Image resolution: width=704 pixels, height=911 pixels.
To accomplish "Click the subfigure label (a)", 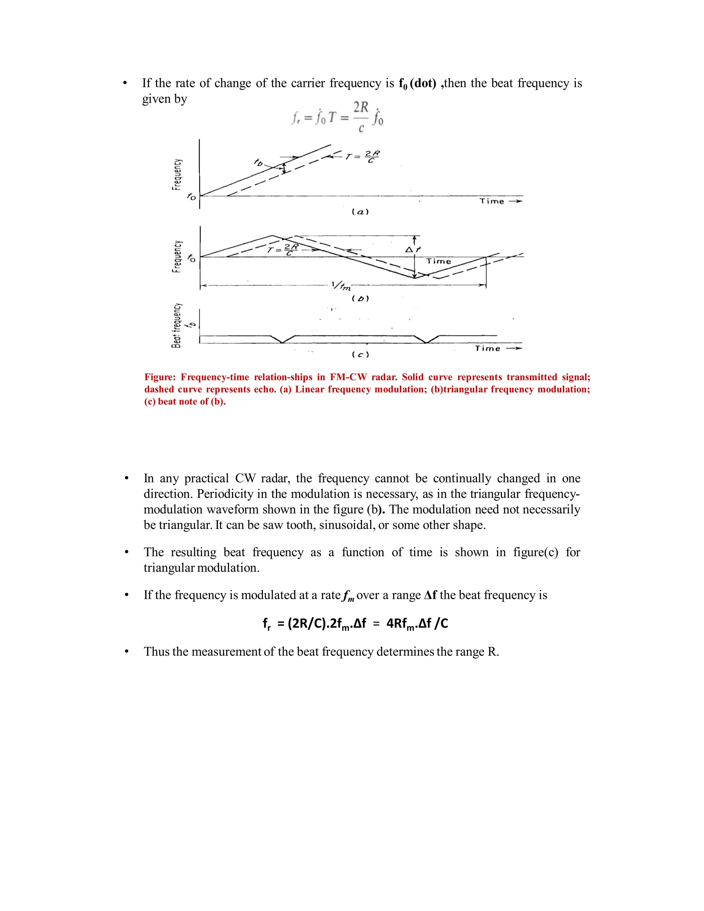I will click(x=360, y=212).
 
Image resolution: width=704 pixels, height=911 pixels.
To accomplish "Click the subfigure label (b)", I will click(x=360, y=299).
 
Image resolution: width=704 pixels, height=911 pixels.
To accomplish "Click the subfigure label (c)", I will click(x=360, y=355).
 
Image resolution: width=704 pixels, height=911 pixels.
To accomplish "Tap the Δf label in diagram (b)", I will click(x=413, y=250).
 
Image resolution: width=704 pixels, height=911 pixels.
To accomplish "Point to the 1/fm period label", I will click(x=341, y=286).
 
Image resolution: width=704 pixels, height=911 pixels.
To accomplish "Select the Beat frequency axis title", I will click(x=177, y=325).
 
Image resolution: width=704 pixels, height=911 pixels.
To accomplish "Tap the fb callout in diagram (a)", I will click(x=258, y=162).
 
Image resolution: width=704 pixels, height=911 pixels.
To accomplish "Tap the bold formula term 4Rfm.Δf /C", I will click(x=417, y=624).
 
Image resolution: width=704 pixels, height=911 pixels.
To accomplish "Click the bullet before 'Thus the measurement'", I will click(x=126, y=652).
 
